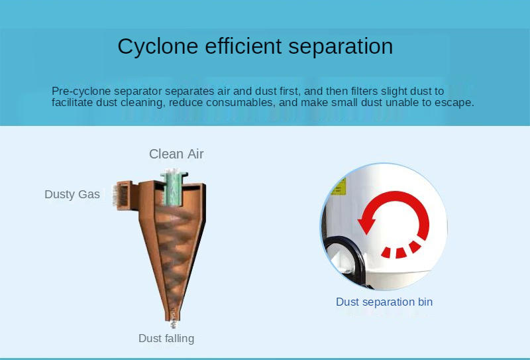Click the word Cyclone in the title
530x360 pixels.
[158, 46]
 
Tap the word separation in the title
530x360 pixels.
[341, 46]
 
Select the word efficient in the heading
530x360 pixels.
[243, 46]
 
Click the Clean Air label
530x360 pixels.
[176, 154]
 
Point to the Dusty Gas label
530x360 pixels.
[72, 194]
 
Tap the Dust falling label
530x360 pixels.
[166, 338]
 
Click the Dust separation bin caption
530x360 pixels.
[384, 302]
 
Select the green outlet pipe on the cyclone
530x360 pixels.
[174, 188]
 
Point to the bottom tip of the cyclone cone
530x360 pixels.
[173, 320]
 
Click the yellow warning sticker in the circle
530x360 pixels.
[339, 186]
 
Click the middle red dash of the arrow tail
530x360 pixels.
[401, 253]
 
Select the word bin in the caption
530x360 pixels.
[425, 302]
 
